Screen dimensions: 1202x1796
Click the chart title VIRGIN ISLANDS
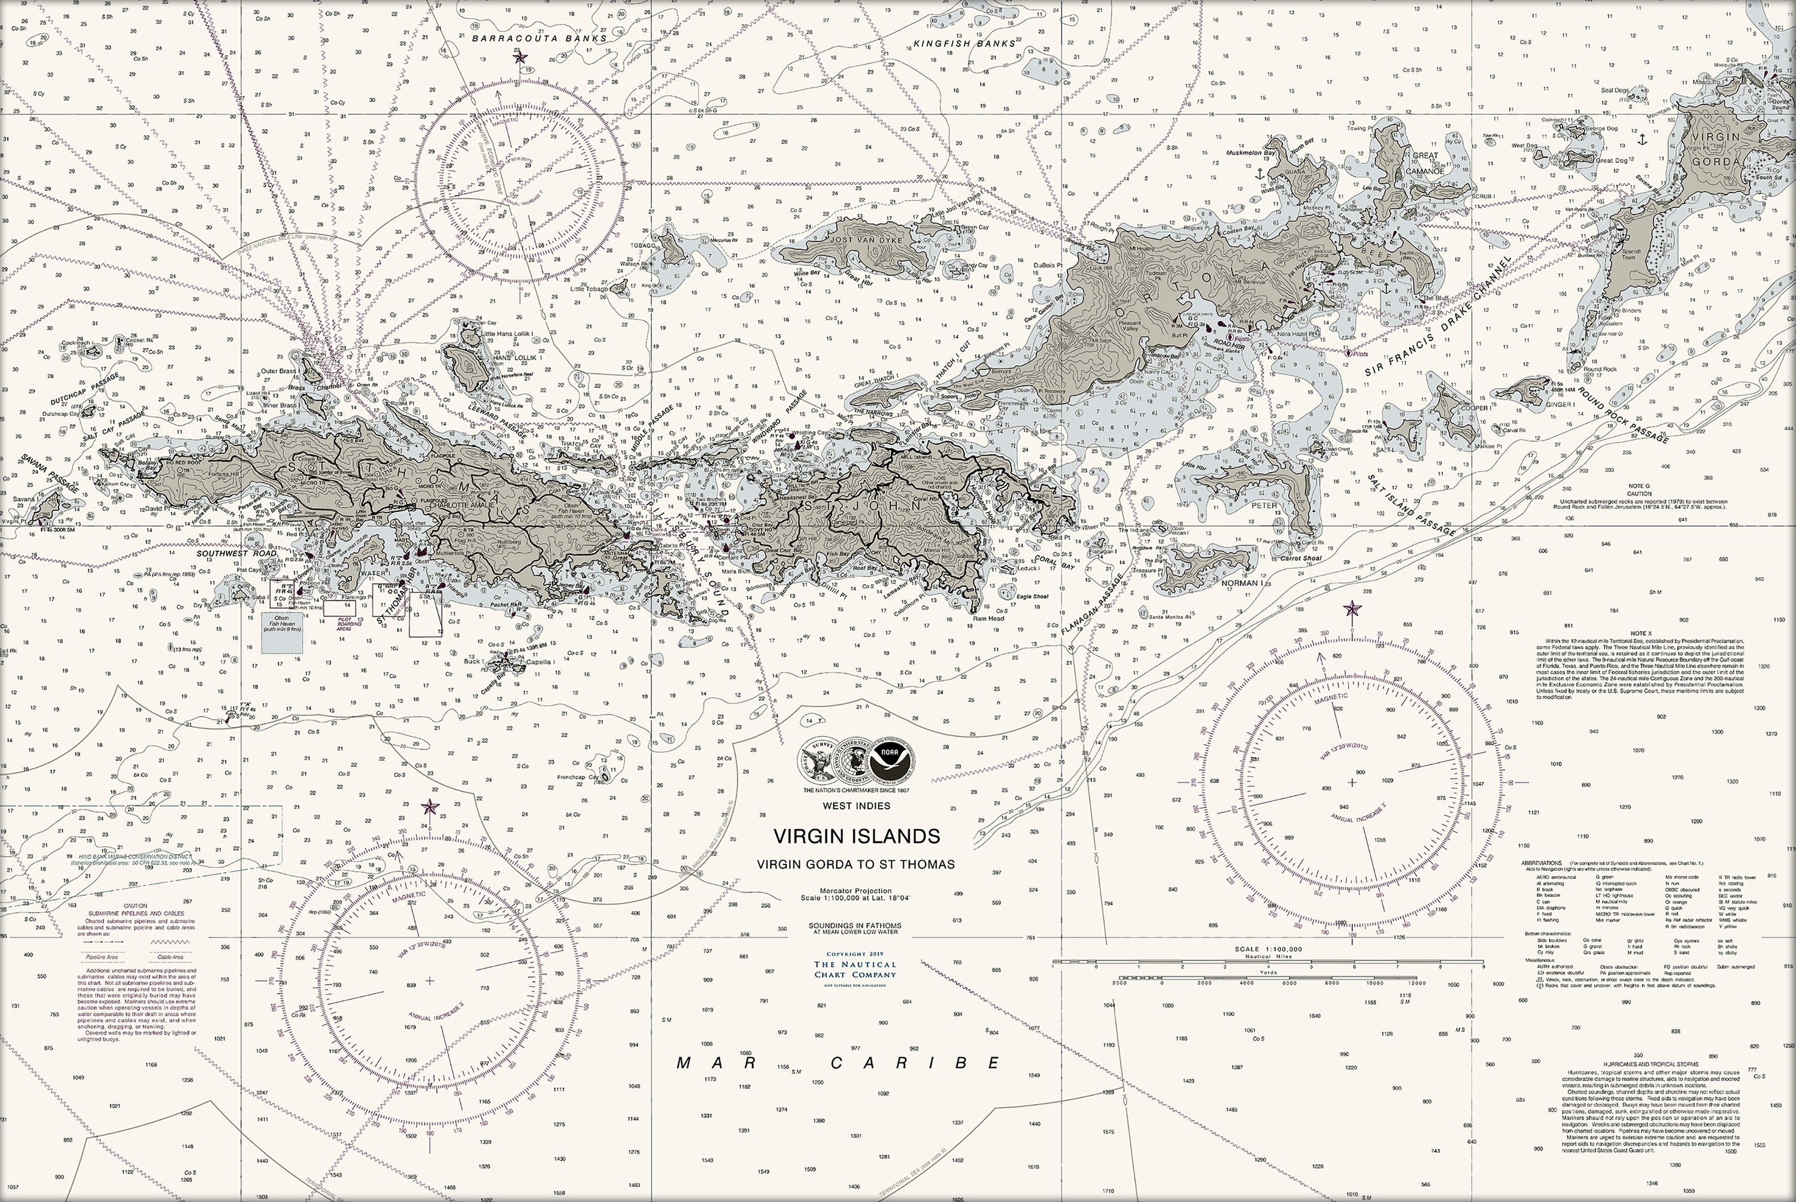pos(855,836)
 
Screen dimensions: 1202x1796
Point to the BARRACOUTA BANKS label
pos(539,38)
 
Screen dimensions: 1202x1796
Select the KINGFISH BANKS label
pos(964,44)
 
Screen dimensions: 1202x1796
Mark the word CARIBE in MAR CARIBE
pos(916,1063)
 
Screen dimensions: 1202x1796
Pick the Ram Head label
pos(988,618)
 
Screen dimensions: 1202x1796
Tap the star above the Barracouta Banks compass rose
pos(520,57)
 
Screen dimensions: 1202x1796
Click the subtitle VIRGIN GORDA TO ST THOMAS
pos(855,864)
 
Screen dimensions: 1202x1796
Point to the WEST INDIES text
pos(856,806)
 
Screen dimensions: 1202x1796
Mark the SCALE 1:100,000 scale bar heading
pos(1268,949)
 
